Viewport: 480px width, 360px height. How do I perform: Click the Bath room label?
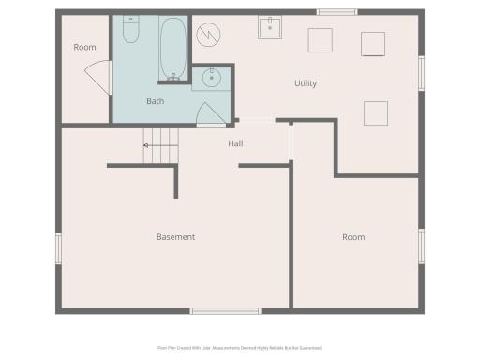point(156,101)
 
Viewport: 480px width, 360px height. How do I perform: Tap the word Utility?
point(306,83)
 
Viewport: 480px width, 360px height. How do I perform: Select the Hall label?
point(235,143)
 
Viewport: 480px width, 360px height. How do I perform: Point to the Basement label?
point(175,237)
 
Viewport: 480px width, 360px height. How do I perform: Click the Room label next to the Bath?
point(84,47)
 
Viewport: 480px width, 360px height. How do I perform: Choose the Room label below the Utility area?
point(352,237)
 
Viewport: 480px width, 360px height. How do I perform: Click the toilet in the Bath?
point(131,32)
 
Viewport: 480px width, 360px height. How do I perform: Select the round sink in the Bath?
point(211,78)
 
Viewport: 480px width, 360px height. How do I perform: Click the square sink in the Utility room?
point(271,26)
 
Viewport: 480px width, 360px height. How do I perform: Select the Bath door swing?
point(211,113)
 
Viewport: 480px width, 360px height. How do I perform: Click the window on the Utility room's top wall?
point(337,12)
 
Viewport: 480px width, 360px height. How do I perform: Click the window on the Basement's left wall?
point(58,248)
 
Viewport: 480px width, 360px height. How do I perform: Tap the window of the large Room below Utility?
point(422,246)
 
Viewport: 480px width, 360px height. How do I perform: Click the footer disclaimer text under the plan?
point(240,347)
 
